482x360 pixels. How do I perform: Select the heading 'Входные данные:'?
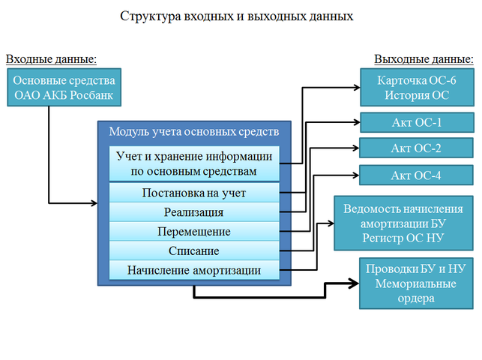click(52, 59)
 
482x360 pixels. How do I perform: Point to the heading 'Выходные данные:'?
click(423, 59)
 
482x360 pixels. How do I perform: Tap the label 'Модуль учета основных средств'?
click(194, 131)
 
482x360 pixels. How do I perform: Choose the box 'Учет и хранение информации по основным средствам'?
click(194, 163)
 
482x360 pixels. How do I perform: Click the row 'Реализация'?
click(194, 212)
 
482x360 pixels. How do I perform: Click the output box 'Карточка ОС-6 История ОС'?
click(416, 87)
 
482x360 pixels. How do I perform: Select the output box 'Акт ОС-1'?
click(416, 122)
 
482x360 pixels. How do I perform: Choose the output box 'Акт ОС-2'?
click(416, 148)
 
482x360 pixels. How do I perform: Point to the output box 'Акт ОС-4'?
click(416, 175)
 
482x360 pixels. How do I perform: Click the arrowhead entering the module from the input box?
click(93, 203)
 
